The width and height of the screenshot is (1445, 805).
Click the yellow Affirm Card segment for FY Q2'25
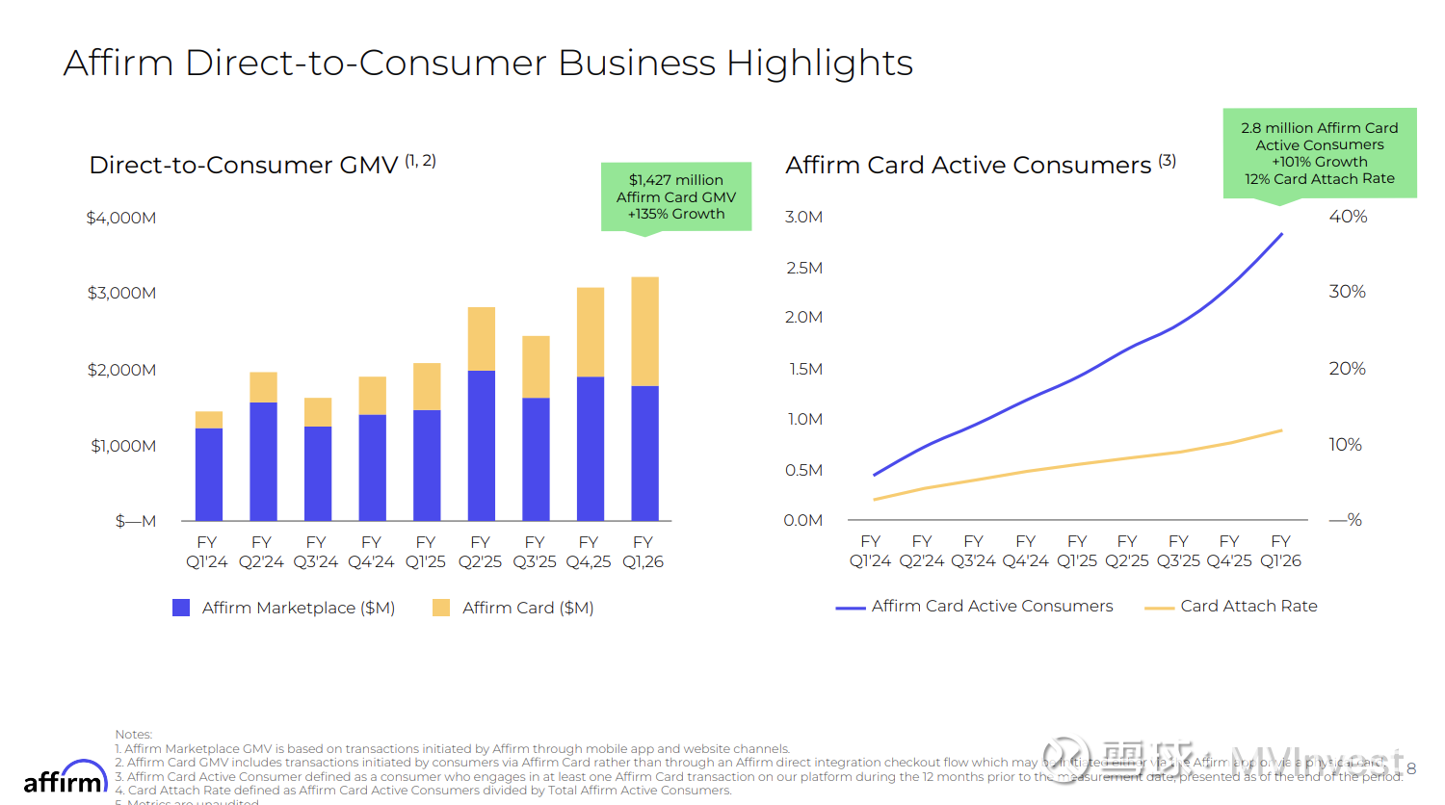coord(481,339)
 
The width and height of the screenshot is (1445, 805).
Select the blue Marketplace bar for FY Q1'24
coord(208,474)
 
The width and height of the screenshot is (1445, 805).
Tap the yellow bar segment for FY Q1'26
coord(644,331)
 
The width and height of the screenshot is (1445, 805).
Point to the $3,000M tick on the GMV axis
coord(121,293)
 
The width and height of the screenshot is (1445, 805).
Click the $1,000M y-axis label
coord(123,446)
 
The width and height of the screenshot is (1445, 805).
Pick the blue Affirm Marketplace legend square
coord(181,608)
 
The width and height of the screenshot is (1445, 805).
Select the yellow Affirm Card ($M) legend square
coord(441,608)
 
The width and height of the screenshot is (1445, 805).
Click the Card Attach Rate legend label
coord(1248,606)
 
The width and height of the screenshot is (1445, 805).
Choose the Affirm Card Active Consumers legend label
coord(991,606)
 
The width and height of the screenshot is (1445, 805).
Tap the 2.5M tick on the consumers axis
coord(804,268)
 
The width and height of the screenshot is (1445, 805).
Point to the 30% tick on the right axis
coord(1347,292)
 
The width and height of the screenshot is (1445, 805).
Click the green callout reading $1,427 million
coord(676,196)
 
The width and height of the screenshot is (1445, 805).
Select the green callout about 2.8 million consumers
coord(1319,153)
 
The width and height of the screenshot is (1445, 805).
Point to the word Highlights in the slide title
coord(819,64)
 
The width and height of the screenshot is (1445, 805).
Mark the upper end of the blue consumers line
coord(1281,234)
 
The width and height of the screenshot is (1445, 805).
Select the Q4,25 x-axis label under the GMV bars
coord(589,561)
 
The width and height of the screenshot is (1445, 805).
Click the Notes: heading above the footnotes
coord(134,735)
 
